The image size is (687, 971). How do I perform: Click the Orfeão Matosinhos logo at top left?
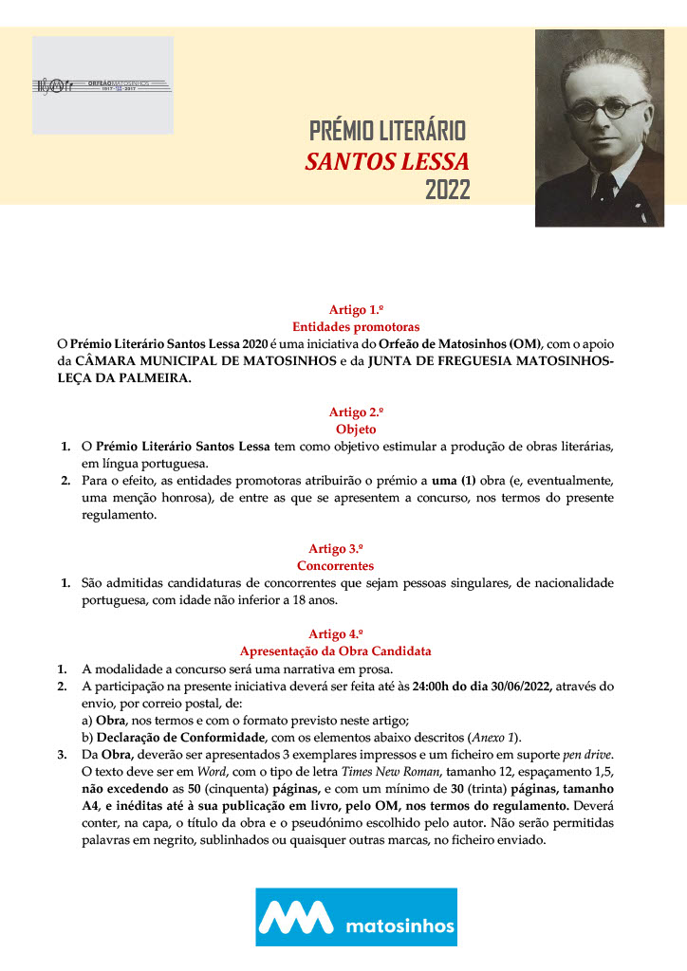click(x=102, y=85)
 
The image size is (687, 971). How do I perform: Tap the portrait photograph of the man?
click(x=599, y=128)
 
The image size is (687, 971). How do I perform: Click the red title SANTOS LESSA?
click(x=387, y=160)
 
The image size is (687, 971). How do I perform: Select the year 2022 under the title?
click(x=447, y=191)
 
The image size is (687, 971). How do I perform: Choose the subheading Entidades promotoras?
click(x=343, y=326)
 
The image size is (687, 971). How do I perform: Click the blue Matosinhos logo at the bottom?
click(x=356, y=916)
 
